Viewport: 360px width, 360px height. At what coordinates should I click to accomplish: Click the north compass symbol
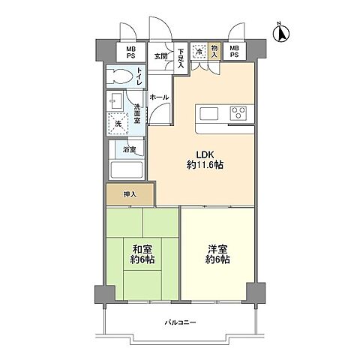[281, 32]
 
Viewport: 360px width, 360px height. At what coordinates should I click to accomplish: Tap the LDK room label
[205, 160]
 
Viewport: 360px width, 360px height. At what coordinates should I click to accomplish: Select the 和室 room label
[142, 254]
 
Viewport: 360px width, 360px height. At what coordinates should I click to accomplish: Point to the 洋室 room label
[217, 254]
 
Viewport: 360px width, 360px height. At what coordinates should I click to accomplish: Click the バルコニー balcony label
[180, 322]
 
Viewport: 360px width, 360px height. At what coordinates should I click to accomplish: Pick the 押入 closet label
[130, 194]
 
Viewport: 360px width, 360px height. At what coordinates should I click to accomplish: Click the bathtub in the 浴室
[127, 169]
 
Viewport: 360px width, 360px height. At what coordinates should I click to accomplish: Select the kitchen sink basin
[209, 114]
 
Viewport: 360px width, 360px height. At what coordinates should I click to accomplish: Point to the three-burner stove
[238, 113]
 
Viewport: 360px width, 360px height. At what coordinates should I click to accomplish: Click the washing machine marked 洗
[118, 124]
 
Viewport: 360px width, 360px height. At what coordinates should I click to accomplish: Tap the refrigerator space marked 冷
[199, 52]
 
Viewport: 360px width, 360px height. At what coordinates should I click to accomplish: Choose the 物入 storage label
[214, 52]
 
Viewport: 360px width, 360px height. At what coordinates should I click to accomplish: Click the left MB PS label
[130, 52]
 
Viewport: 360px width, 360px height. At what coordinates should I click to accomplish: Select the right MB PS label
[234, 52]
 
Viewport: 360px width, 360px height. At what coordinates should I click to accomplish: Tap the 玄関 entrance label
[160, 56]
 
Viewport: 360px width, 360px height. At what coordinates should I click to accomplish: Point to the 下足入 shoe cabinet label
[181, 58]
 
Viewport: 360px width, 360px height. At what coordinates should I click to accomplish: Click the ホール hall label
[159, 97]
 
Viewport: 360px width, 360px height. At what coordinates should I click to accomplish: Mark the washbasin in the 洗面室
[116, 100]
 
